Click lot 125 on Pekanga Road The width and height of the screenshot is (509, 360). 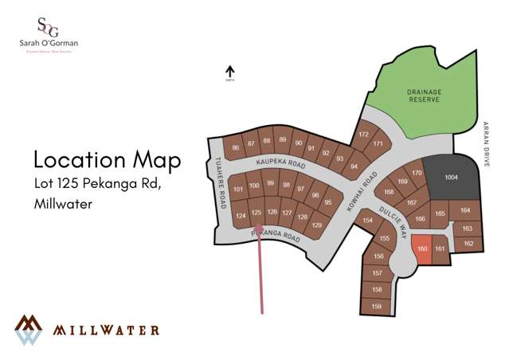click(x=256, y=213)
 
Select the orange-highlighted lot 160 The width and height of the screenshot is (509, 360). click(x=422, y=248)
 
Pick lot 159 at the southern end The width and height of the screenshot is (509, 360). click(x=377, y=306)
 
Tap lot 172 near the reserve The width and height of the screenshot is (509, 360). click(x=363, y=135)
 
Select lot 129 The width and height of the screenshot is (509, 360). click(x=316, y=225)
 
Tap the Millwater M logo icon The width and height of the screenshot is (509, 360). click(x=29, y=329)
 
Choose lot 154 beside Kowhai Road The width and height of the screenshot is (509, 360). click(x=367, y=221)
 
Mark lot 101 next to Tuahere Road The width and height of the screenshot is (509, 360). click(x=238, y=190)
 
